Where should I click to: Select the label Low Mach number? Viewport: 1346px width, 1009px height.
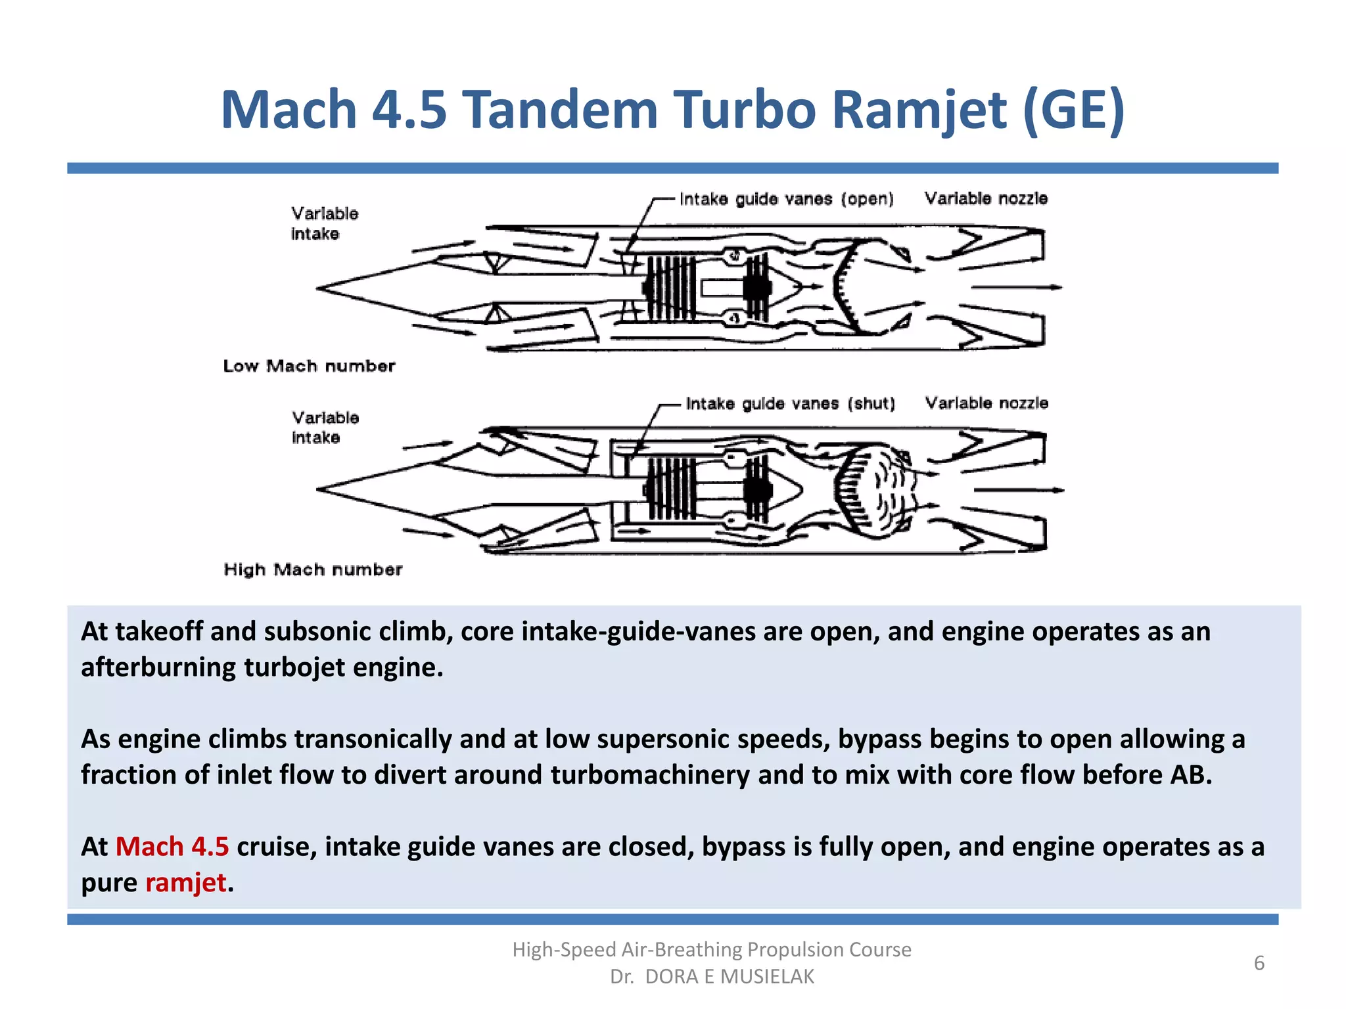click(309, 366)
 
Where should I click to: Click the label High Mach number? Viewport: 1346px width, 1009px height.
click(313, 570)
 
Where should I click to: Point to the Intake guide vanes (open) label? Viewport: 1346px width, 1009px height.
click(786, 199)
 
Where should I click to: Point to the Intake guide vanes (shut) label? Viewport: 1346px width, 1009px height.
click(790, 403)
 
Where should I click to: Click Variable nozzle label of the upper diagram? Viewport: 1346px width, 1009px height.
click(986, 198)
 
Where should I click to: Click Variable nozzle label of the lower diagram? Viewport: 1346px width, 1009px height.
click(986, 403)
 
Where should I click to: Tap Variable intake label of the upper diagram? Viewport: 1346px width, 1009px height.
click(324, 223)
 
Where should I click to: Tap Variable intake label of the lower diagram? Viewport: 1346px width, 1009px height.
click(325, 428)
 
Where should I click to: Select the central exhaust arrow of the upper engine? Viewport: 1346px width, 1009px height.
click(1015, 287)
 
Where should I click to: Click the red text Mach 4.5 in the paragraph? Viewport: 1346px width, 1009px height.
click(172, 847)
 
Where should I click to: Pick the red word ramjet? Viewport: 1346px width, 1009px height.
click(186, 882)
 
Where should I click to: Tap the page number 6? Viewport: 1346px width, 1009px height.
click(1259, 963)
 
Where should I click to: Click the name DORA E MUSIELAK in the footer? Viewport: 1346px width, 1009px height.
click(729, 977)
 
